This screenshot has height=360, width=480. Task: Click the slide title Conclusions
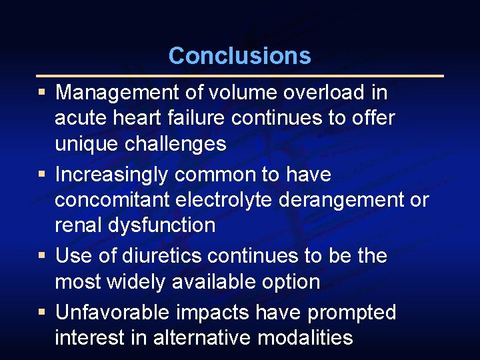[x=239, y=55]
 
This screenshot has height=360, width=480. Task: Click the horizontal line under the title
[x=239, y=76]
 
